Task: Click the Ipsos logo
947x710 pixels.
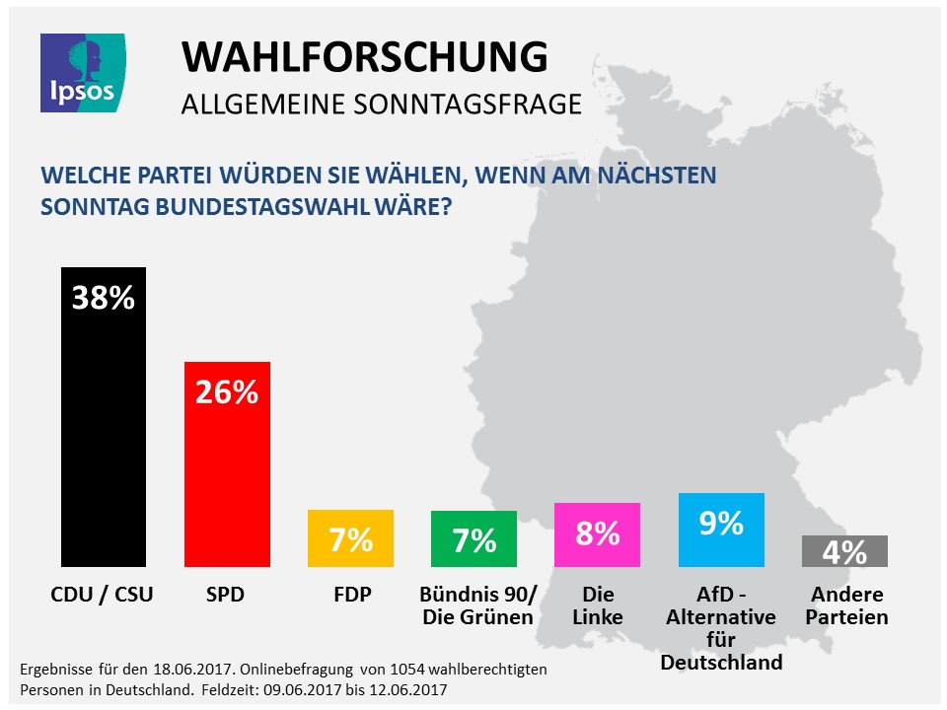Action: pos(82,70)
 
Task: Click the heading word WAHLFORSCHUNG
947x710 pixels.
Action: pos(364,58)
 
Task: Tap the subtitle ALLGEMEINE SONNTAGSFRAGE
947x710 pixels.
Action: pos(381,104)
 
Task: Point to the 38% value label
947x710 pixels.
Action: pos(104,297)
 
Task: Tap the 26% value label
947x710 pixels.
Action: pos(227,391)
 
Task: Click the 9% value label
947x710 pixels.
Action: pos(721,523)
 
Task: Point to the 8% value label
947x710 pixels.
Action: pos(597,533)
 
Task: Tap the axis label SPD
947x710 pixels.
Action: pos(227,595)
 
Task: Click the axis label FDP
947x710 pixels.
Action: pos(350,595)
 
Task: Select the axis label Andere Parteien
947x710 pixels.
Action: pos(848,606)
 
